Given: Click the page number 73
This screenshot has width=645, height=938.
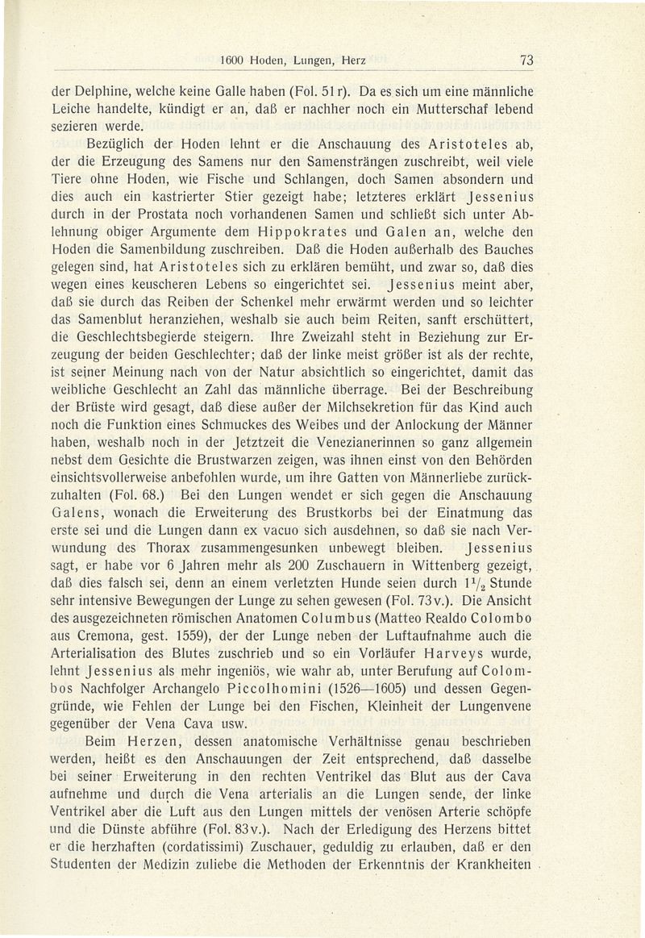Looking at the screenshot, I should point(528,59).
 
